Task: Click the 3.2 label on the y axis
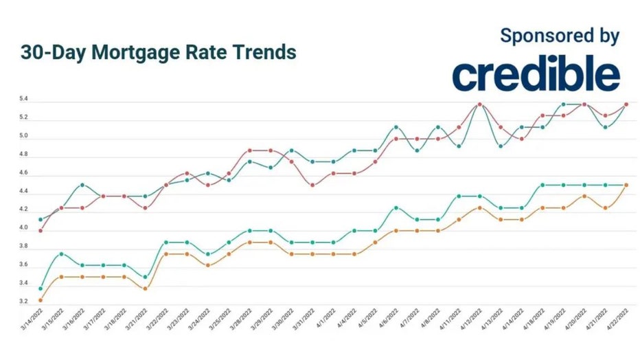(24, 302)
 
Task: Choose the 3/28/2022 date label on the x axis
(243, 328)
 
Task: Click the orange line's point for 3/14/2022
(41, 300)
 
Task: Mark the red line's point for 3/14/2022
(41, 231)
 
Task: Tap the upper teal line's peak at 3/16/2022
(82, 185)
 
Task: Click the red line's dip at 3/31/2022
(312, 185)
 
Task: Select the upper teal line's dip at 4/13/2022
(501, 146)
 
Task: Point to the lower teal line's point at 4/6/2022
(396, 207)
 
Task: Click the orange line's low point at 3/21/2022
(145, 289)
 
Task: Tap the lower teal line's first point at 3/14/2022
(41, 289)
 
